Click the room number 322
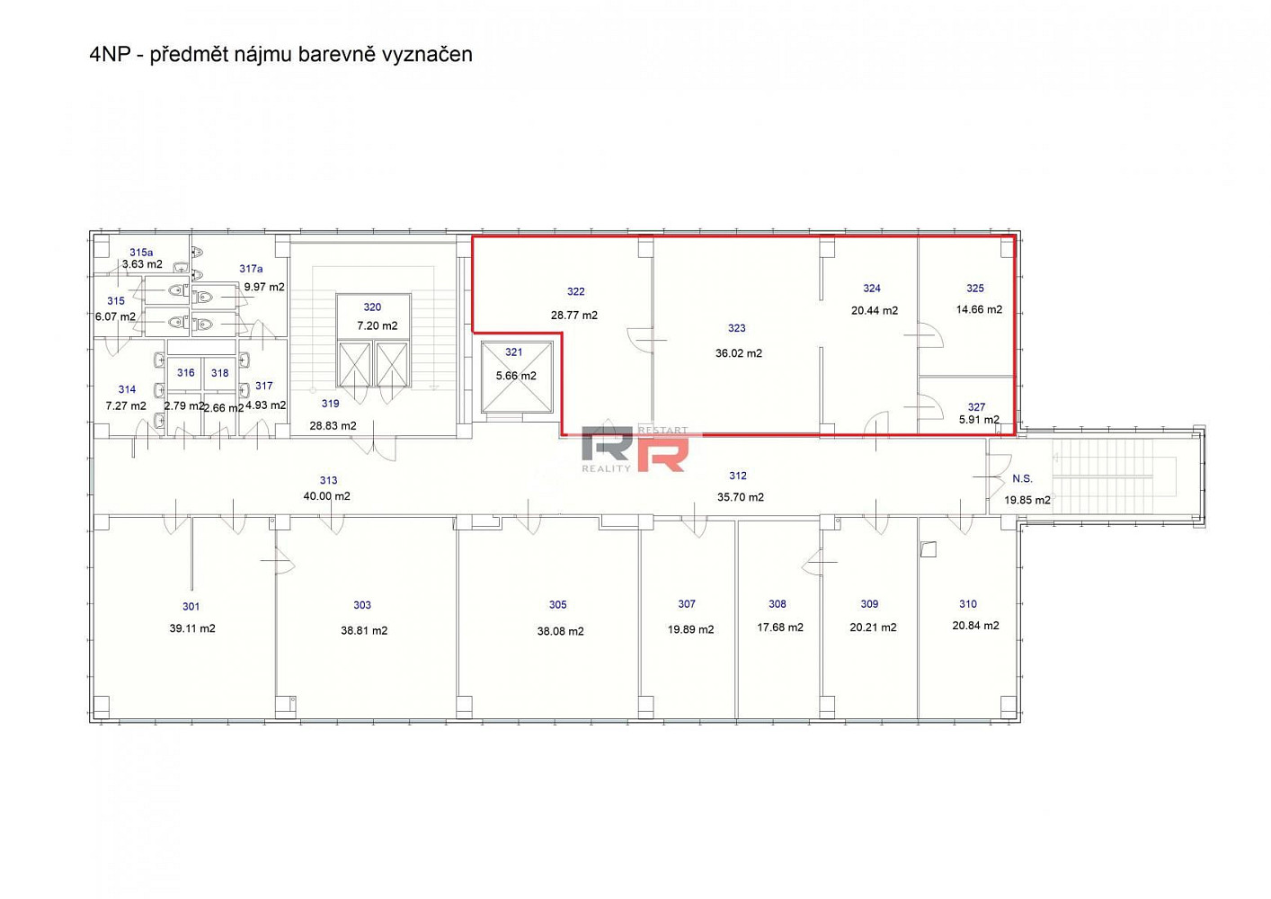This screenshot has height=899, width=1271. point(575,291)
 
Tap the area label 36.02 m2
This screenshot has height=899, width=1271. point(738,353)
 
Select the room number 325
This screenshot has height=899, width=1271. point(974,289)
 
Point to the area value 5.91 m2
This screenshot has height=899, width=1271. point(979,420)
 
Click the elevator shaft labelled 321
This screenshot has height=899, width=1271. point(516,377)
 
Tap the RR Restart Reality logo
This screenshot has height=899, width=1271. point(635,449)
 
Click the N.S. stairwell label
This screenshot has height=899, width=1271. point(1023,479)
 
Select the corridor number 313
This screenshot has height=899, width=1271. point(328,480)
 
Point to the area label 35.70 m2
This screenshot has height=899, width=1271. point(741,497)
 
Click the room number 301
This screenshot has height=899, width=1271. point(191,607)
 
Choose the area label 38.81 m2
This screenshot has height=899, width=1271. point(364,630)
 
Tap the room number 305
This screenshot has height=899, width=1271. point(558,605)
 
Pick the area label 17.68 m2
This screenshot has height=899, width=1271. point(780,628)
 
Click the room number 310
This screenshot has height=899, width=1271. point(968,604)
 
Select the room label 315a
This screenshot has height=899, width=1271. point(141,253)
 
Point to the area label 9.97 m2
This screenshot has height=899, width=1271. point(264,287)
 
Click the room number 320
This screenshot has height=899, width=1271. point(372,307)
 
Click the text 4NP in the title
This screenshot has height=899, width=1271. point(110,55)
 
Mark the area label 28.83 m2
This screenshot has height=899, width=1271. point(333,425)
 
